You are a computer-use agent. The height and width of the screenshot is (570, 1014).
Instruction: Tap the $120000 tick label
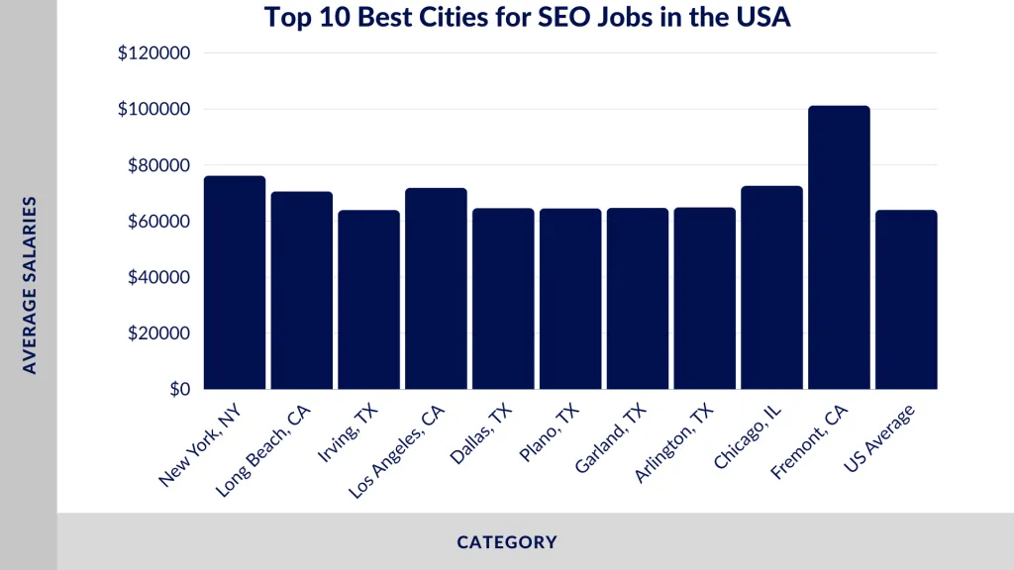[x=153, y=53]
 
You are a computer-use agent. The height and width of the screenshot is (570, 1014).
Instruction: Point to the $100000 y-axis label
[x=153, y=109]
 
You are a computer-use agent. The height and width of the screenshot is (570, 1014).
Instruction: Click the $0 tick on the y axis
[x=179, y=389]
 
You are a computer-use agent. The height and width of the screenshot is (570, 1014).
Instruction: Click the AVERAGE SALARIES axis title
[x=30, y=285]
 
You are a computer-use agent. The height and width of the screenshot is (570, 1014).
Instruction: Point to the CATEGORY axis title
[x=507, y=542]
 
